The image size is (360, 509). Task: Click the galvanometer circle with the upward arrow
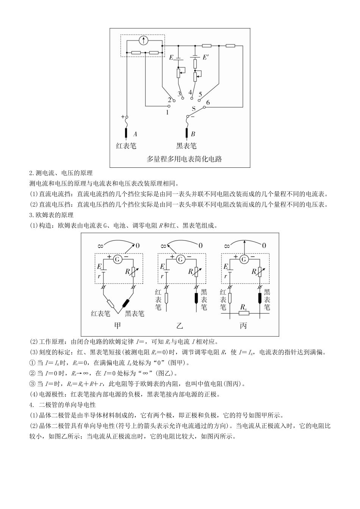click(x=143, y=40)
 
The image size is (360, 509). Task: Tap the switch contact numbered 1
click(x=169, y=106)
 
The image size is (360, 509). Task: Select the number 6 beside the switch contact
click(x=208, y=103)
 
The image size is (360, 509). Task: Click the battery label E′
click(x=206, y=58)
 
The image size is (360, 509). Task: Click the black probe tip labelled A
click(x=126, y=133)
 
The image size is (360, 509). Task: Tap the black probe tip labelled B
click(x=186, y=133)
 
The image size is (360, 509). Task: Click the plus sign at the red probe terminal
click(x=123, y=117)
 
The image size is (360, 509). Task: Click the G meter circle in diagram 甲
click(x=118, y=259)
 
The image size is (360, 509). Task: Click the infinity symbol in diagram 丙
click(x=227, y=246)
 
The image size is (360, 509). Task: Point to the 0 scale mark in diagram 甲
click(x=137, y=246)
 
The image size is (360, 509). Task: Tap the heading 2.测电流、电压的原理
click(x=61, y=173)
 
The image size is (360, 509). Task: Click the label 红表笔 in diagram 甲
click(x=100, y=314)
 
